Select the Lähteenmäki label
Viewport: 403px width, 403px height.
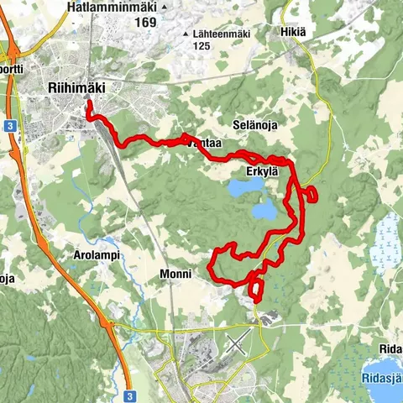pyautogui.click(x=222, y=34)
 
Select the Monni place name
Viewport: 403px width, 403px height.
pyautogui.click(x=175, y=274)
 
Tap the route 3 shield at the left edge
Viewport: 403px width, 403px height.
pyautogui.click(x=8, y=123)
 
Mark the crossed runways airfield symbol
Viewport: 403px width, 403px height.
pyautogui.click(x=238, y=342)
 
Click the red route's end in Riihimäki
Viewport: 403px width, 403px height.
pyautogui.click(x=88, y=104)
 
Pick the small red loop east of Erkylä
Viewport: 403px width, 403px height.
pyautogui.click(x=311, y=195)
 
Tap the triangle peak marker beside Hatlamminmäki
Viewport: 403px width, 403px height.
pyautogui.click(x=165, y=7)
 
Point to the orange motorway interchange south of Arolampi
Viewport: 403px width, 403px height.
pyautogui.click(x=107, y=322)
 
